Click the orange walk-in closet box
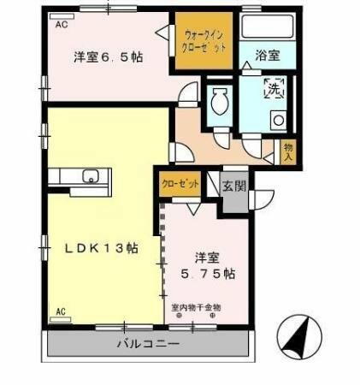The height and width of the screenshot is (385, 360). click(204, 40)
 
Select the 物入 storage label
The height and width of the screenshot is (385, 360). click(289, 151)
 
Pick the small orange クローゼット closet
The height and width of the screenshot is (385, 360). click(179, 184)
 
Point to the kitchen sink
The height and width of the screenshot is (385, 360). click(91, 178)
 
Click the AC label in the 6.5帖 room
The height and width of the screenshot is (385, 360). click(62, 26)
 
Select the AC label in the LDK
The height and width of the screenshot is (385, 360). click(61, 311)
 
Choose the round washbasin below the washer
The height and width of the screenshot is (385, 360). click(279, 120)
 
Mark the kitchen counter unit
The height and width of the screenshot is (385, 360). click(79, 178)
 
